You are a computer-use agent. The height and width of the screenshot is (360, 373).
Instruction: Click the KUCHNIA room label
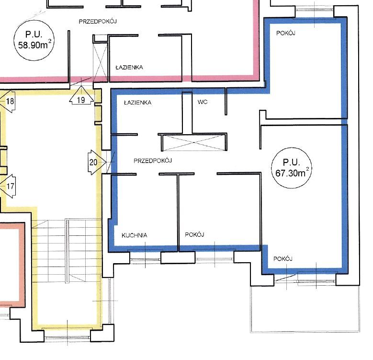(135, 235)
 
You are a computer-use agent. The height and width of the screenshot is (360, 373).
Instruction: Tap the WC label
(203, 102)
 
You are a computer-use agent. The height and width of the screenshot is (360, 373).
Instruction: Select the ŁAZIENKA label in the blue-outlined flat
(138, 103)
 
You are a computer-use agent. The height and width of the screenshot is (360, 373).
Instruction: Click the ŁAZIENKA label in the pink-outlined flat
(129, 68)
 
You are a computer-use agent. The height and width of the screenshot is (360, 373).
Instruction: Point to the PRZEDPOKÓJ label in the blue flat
(153, 161)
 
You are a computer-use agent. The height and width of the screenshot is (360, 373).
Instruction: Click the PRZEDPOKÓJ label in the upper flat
(98, 21)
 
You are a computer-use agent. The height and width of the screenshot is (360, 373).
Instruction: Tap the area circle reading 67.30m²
(292, 168)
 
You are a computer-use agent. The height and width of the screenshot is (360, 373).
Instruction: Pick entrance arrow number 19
(81, 95)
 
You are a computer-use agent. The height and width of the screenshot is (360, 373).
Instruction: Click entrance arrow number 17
(8, 186)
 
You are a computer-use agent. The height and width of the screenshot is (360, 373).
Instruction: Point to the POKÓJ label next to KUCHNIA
(194, 234)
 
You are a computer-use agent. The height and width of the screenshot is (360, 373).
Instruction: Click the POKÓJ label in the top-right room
(286, 33)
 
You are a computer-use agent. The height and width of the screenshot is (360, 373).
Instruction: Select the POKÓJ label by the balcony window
(283, 258)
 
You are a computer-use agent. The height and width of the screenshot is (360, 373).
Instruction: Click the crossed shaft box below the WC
(193, 142)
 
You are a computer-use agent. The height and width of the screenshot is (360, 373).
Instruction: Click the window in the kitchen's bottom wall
(146, 257)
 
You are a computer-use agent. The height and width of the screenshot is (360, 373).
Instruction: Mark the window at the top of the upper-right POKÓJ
(315, 11)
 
